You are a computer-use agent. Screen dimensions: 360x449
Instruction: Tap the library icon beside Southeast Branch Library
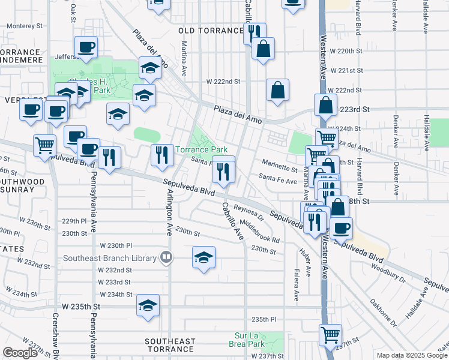166,259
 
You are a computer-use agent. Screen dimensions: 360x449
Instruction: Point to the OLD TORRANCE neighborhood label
209,31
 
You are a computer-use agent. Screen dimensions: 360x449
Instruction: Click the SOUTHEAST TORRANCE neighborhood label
170,345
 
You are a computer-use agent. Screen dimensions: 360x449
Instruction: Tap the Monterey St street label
24,26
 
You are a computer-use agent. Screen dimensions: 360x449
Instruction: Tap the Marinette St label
280,170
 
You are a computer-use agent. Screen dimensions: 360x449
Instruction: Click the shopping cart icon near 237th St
330,335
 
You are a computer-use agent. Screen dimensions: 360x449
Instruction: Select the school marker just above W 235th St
148,305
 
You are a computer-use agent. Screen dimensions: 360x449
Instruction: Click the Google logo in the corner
20,353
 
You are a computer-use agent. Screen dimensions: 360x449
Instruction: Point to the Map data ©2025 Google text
412,355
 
